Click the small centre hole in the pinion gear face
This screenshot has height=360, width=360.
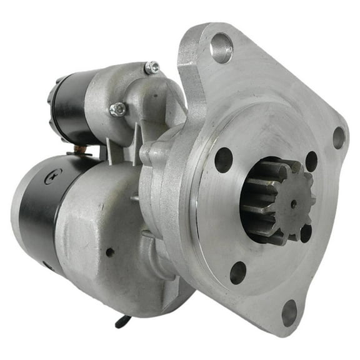pos(294,203)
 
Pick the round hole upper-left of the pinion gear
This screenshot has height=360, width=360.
pos(224,159)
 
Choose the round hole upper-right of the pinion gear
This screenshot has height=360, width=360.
pos(311,161)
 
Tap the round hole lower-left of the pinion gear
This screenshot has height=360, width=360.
pos(237,272)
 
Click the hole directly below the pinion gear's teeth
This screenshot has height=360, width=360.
pos(305,233)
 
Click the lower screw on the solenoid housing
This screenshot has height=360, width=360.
pos(117,109)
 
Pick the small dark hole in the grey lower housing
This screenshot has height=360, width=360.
pos(110,252)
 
